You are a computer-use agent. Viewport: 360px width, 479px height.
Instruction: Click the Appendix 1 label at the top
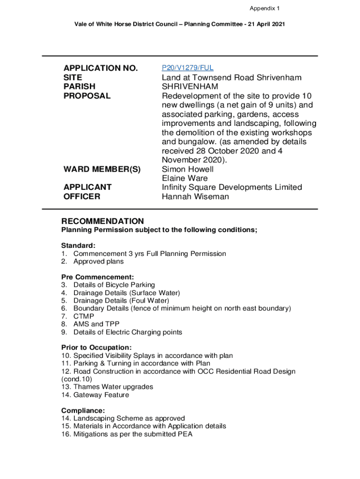coord(265,8)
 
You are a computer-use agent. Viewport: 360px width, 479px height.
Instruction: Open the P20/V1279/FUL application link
coord(187,68)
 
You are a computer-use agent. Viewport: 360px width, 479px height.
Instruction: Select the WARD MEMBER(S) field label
coord(102,169)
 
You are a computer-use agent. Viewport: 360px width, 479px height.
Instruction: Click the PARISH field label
coord(79,87)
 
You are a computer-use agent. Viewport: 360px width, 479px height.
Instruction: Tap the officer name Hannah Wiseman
coord(195,196)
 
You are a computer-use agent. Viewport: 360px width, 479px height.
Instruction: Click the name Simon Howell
coord(187,169)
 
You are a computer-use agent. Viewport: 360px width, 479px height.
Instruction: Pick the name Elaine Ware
coord(185,178)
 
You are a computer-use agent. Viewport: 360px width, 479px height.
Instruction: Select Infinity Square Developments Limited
coord(232,187)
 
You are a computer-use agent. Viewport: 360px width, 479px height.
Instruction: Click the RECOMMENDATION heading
coord(103,221)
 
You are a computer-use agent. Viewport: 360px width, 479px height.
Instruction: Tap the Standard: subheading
coord(79,245)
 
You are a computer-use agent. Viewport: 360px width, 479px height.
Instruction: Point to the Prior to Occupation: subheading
coord(96,348)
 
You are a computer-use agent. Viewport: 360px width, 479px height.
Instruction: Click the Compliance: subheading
coord(80,410)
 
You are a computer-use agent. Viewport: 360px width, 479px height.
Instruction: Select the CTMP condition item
coord(83,316)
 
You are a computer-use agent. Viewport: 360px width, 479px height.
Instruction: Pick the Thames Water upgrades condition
coord(113,387)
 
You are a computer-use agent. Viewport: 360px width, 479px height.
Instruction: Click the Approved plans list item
coord(98,261)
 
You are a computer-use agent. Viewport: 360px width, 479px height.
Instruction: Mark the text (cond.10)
coord(77,379)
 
